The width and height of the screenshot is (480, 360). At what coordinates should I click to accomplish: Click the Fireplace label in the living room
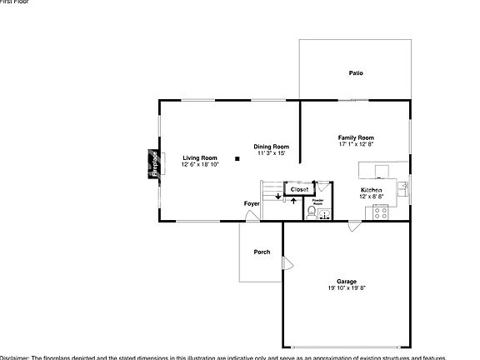[x=154, y=163]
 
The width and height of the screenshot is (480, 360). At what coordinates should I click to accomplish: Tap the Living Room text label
[x=199, y=157]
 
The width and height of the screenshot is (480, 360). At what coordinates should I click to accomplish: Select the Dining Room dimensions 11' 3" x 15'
[x=272, y=153]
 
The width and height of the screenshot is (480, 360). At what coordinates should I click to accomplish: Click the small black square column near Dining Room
[x=237, y=157]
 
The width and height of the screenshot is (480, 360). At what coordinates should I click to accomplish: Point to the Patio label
[x=356, y=73]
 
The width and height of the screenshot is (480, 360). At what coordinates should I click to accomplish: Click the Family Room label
[x=356, y=137]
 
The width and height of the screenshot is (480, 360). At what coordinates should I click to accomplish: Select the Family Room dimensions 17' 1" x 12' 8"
[x=356, y=144]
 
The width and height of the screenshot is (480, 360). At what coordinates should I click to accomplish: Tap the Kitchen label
[x=372, y=191]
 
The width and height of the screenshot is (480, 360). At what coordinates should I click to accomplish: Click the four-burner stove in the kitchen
[x=381, y=212]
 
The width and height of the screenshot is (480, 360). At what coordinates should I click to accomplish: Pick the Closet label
[x=298, y=189]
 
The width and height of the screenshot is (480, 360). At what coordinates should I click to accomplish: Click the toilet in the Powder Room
[x=310, y=214]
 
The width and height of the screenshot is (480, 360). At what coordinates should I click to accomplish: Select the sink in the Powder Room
[x=325, y=214]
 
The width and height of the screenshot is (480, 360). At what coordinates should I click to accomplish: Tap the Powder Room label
[x=317, y=202]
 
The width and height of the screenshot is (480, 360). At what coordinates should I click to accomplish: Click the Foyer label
[x=251, y=203]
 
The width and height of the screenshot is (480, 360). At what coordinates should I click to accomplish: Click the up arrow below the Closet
[x=293, y=202]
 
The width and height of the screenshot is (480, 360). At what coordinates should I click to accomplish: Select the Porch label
[x=262, y=252]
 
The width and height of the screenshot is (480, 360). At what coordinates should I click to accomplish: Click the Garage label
[x=347, y=282]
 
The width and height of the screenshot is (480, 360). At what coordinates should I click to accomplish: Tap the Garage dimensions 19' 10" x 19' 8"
[x=347, y=288]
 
